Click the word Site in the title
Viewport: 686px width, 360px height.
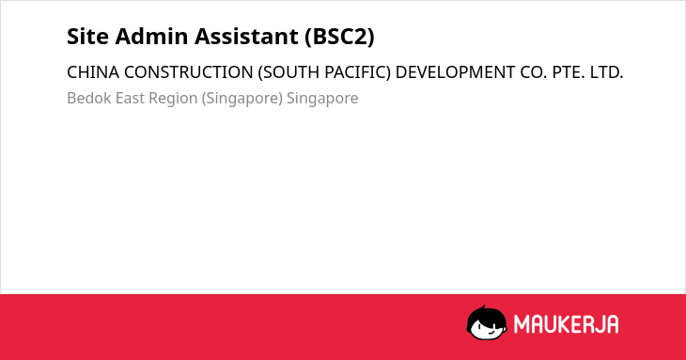(87, 37)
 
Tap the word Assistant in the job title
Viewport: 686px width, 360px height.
(246, 37)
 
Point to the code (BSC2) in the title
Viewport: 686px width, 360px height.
(339, 37)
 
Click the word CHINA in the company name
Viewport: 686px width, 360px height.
(93, 72)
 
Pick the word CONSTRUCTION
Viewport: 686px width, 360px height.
(189, 72)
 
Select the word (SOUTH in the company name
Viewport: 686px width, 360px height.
(288, 72)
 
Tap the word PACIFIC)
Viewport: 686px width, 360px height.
(357, 72)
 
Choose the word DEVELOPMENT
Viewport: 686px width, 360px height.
(455, 72)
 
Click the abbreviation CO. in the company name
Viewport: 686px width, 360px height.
(534, 72)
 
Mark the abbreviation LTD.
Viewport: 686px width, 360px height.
(606, 72)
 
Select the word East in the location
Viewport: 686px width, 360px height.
(130, 98)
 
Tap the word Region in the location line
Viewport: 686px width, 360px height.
(173, 99)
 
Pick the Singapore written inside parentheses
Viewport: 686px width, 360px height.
(242, 99)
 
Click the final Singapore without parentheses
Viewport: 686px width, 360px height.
(322, 99)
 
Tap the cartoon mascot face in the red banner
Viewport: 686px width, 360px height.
(487, 322)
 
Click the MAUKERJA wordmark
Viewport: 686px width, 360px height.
(566, 324)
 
